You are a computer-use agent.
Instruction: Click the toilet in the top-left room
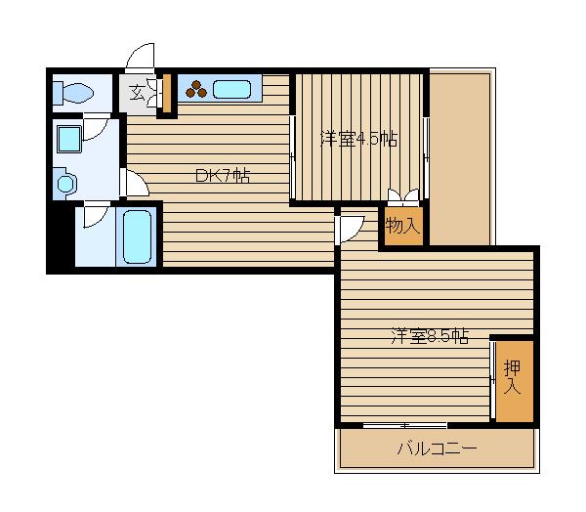[74, 94]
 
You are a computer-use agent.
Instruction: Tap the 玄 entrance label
[136, 94]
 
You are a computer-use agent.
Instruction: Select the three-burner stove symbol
[195, 90]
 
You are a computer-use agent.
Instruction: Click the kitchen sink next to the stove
[233, 90]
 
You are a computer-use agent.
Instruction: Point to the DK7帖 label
[222, 176]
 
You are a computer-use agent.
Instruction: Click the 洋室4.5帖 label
[358, 140]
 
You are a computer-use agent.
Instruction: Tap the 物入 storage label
[402, 226]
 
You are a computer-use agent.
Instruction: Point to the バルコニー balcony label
[437, 450]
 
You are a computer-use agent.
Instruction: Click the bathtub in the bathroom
[137, 236]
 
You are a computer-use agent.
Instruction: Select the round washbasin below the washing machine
[66, 182]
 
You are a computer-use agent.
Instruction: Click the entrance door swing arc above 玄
[141, 55]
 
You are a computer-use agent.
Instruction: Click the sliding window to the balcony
[404, 425]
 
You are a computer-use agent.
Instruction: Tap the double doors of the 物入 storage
[403, 196]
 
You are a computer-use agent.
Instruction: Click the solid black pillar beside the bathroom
[60, 236]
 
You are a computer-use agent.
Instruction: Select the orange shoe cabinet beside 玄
[166, 94]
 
